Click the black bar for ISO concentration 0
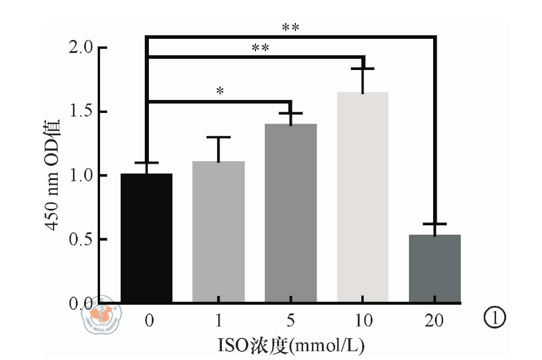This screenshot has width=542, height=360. pos(147,238)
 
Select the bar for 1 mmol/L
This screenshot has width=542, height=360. pos(218,232)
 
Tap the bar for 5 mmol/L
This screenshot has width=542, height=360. pos(291,213)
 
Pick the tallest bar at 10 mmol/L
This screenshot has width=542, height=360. pos(363,197)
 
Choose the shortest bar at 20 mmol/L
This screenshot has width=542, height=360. pos(435,268)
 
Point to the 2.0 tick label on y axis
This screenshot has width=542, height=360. pos(80,48)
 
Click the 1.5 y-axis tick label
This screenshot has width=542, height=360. pos(80,112)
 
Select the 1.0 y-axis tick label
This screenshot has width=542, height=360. pos(80,176)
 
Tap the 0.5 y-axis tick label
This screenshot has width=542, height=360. pos(80,240)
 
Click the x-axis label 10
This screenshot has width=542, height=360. pos(363,321)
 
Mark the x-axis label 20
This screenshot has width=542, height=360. pos(435,321)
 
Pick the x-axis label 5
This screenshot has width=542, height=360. pos(291,321)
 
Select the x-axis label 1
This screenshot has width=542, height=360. pos(219,321)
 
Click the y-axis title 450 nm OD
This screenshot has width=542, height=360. pos(54,175)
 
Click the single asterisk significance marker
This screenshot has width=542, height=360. pos(220,92)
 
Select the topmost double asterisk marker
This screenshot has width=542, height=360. pos(291,28)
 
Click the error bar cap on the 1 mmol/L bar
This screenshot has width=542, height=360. pos(218,137)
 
